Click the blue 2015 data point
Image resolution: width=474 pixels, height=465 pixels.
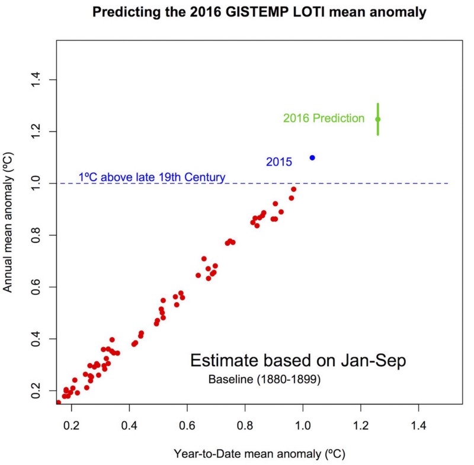(312, 158)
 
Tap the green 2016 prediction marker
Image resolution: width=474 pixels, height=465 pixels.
(377, 119)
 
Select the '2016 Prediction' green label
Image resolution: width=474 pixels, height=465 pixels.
(324, 118)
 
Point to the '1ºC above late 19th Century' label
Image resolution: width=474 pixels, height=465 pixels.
(152, 177)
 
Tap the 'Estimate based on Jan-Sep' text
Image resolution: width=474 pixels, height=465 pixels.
(297, 361)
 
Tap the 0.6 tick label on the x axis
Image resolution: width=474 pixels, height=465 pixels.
(187, 425)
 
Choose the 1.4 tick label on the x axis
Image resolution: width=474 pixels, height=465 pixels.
(418, 425)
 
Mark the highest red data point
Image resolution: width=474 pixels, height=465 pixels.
(293, 189)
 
